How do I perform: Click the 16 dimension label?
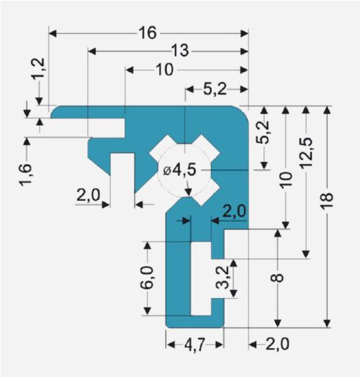148,33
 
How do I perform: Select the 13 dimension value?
180,51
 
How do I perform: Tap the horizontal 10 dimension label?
164,70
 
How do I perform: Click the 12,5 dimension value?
306,153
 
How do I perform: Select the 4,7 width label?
194,345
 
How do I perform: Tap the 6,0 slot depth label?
147,277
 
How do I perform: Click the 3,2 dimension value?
222,277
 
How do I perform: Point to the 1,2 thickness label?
38,69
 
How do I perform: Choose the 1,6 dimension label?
25,175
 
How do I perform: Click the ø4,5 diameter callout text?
179,170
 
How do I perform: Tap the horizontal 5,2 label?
215,89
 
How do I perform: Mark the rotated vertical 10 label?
286,179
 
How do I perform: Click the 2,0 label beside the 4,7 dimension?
277,344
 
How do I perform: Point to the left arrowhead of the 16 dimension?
53,33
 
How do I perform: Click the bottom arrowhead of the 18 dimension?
327,324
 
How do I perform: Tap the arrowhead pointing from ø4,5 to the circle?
189,192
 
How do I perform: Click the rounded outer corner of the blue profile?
244,111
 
